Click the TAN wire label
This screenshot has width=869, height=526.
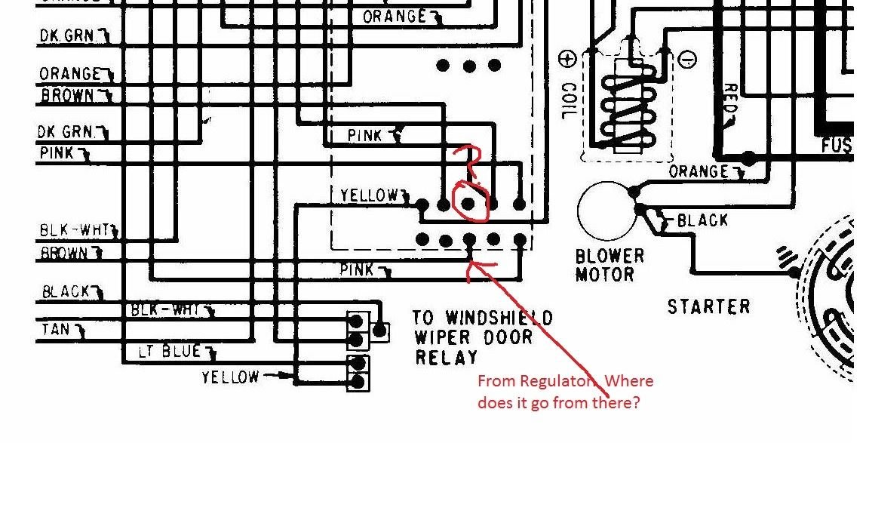[56, 330]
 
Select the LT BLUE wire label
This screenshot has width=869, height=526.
[170, 352]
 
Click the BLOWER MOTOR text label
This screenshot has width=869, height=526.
[610, 265]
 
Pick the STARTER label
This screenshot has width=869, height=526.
[708, 306]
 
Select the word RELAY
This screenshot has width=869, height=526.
[447, 357]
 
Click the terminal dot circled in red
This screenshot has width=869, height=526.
[468, 203]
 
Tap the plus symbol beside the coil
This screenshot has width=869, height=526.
[568, 58]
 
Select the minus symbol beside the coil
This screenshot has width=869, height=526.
[687, 59]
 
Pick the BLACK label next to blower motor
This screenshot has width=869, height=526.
[702, 220]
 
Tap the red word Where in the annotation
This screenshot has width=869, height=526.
[628, 381]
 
